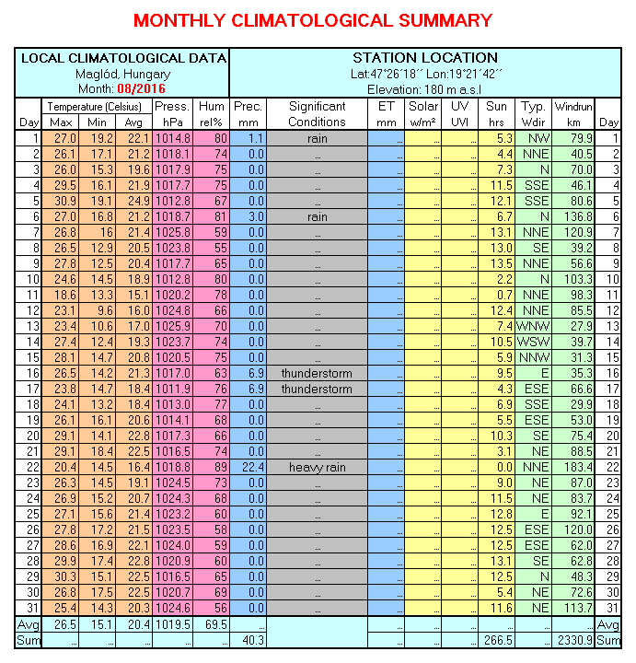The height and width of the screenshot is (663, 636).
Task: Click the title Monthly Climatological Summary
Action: tap(313, 20)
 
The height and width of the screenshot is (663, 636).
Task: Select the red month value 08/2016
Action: tap(142, 88)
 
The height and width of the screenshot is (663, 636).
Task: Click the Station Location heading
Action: tap(424, 58)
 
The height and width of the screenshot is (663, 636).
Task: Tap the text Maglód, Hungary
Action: tap(123, 74)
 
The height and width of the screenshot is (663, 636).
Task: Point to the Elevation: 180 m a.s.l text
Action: tap(424, 88)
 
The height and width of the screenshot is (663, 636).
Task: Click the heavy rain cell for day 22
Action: tap(317, 467)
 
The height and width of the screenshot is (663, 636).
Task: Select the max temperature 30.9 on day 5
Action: tap(60, 201)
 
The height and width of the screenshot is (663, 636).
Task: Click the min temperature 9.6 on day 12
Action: tap(98, 310)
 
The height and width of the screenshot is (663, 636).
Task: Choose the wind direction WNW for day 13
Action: tap(533, 326)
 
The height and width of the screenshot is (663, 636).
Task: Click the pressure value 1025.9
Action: tap(172, 326)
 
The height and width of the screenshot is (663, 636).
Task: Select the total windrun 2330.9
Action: tap(572, 639)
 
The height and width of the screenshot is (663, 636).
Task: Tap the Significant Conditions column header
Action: tap(317, 114)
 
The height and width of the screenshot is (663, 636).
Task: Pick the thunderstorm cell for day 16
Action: tap(317, 373)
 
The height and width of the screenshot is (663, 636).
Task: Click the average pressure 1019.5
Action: tap(172, 623)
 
